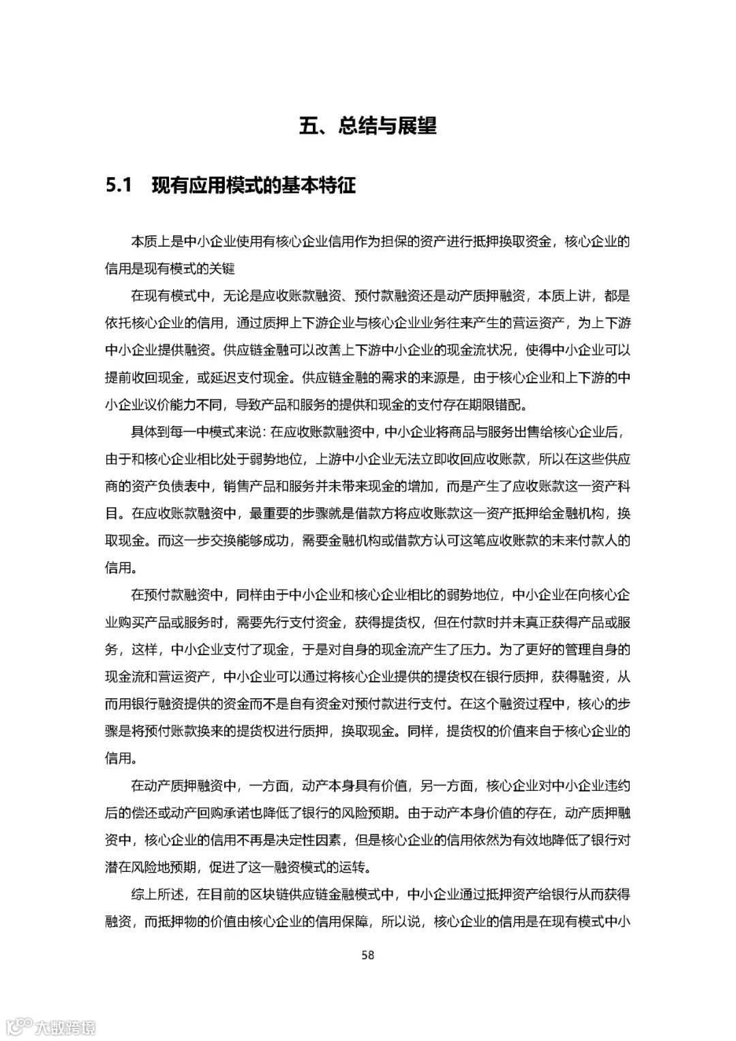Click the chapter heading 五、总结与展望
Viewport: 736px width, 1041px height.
[367, 126]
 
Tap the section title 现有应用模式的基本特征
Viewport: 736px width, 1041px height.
[254, 185]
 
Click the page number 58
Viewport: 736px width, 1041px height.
[367, 954]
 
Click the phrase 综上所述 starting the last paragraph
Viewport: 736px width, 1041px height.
[157, 894]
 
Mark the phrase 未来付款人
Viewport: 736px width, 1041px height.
[571, 541]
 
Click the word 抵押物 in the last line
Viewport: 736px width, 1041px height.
[189, 921]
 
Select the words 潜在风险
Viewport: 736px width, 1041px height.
[131, 866]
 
